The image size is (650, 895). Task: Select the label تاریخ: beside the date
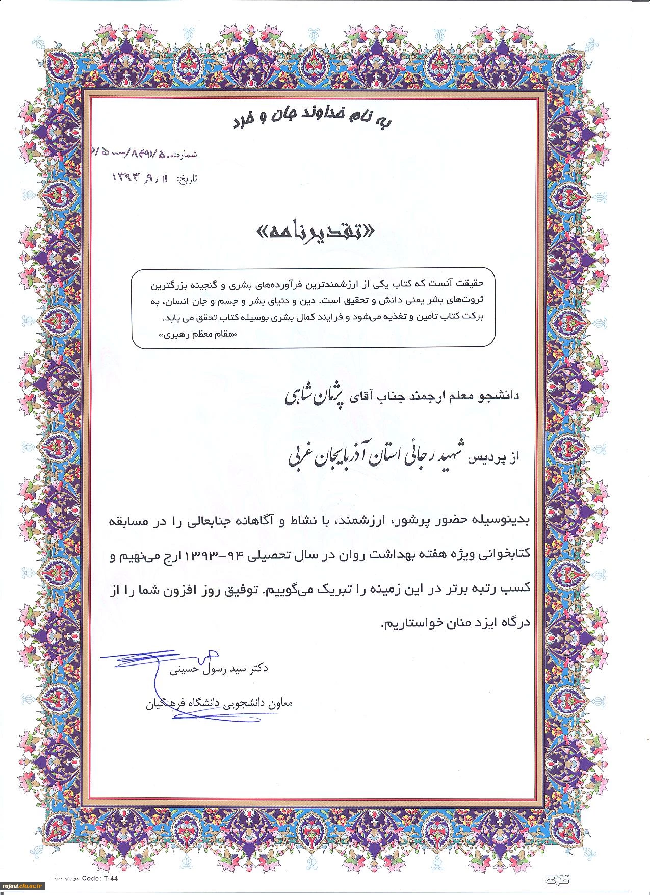point(187,179)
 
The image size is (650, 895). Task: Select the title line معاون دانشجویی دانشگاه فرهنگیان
point(220,703)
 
